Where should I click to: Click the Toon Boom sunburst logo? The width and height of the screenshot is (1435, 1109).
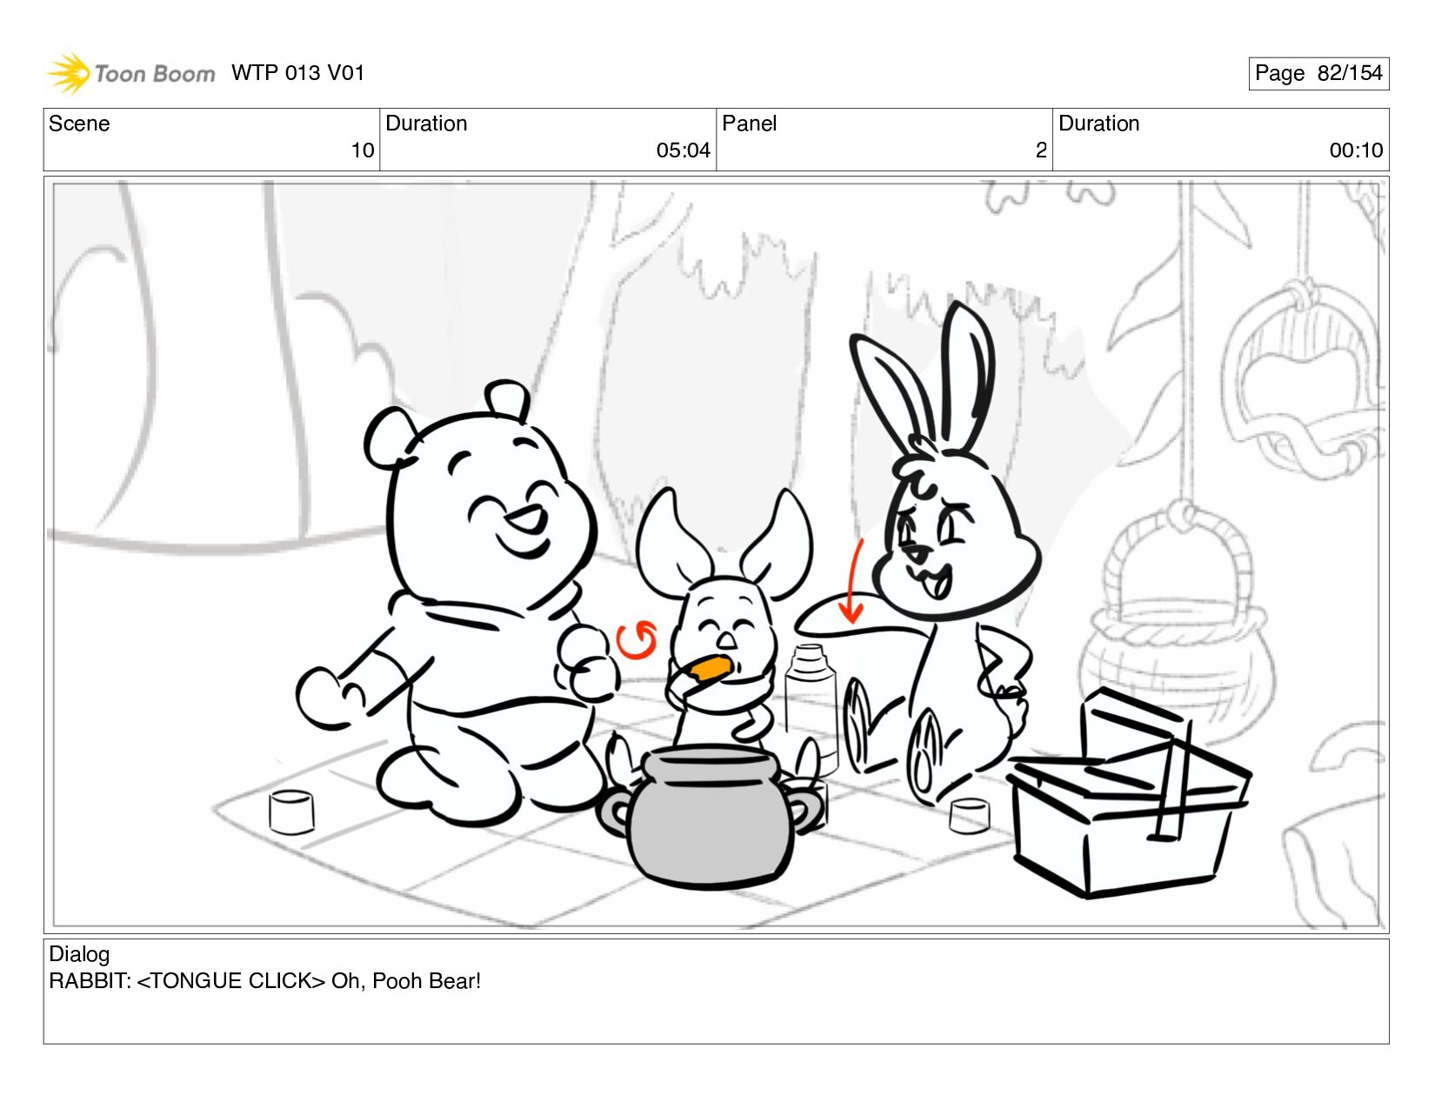coord(68,73)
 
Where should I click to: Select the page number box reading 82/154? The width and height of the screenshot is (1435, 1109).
coord(1318,73)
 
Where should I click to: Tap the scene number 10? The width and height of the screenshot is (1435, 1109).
coord(362,150)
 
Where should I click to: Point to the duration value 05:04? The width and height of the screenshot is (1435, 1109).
coord(683,150)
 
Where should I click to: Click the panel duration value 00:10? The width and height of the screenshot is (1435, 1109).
coord(1356,150)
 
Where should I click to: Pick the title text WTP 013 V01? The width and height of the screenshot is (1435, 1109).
coord(297,73)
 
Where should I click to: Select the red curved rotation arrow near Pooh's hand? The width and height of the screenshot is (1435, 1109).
coord(636,640)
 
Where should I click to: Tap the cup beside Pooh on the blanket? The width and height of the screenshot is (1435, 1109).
coord(291,812)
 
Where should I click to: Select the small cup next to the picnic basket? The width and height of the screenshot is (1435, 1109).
coord(970,816)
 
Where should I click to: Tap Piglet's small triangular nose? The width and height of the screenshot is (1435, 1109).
coord(726,640)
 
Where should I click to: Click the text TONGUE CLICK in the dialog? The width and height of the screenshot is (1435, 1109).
coord(230,981)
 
